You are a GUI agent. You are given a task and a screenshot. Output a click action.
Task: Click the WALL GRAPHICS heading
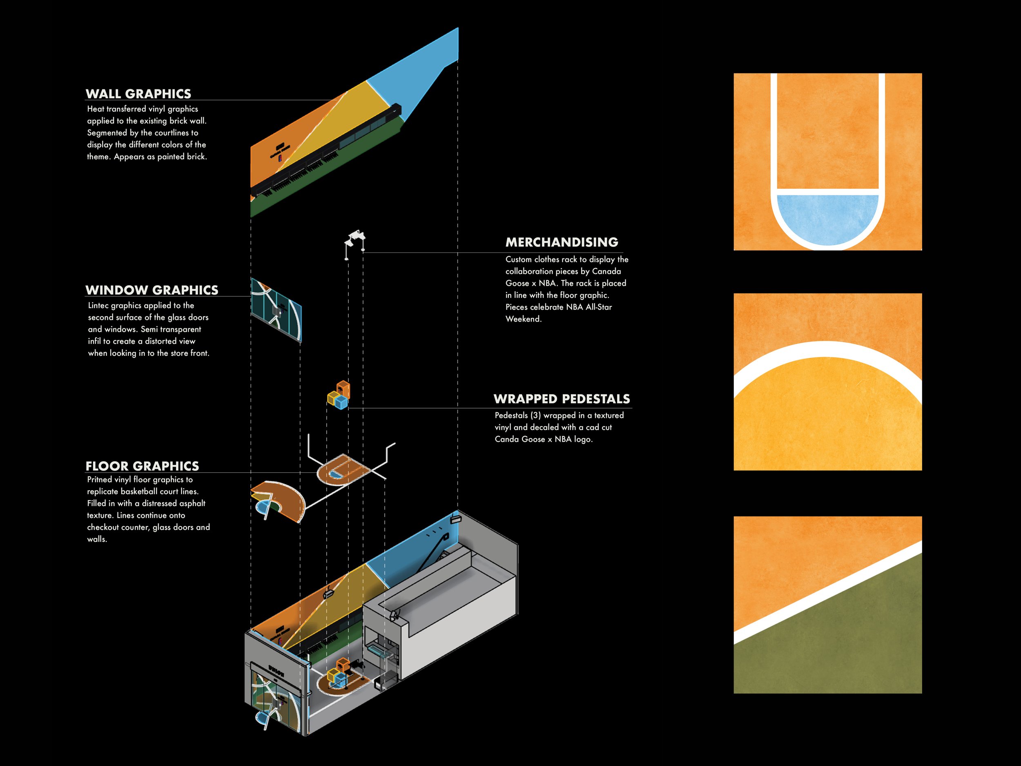point(138,94)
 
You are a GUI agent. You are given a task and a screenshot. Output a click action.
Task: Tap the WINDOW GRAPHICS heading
point(152,290)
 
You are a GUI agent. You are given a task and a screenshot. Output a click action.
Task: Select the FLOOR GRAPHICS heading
point(142,466)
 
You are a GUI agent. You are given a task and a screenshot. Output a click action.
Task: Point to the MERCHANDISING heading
point(562,242)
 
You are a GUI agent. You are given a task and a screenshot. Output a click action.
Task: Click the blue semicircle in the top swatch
point(827,217)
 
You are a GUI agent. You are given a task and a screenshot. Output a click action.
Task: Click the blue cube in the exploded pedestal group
point(341,403)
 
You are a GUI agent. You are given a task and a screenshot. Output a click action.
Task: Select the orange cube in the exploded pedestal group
point(343,389)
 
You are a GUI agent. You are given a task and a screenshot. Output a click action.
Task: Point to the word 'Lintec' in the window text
point(98,305)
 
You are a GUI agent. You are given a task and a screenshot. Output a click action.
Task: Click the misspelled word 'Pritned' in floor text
point(100,479)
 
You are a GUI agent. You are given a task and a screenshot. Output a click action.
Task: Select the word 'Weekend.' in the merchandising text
point(524,319)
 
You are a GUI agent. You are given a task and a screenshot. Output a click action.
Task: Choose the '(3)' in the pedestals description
point(535,415)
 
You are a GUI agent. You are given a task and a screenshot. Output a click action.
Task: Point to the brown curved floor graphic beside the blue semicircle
point(288,499)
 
